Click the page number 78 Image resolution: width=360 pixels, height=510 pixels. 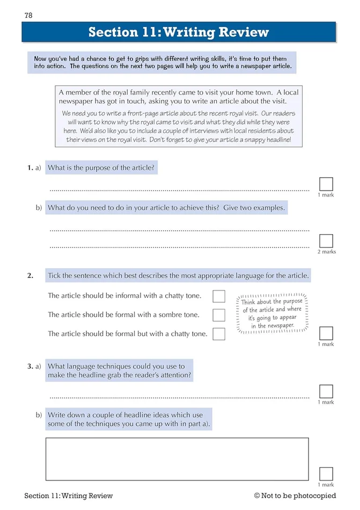(x=28, y=15)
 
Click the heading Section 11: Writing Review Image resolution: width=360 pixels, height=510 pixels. (x=179, y=32)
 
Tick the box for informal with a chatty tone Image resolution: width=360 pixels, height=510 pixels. (x=219, y=296)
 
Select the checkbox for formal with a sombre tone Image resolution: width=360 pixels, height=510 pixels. (x=219, y=315)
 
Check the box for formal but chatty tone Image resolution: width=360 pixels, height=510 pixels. (x=219, y=334)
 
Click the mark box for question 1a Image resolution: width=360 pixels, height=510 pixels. (x=326, y=184)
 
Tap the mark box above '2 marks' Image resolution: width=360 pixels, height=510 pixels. (x=326, y=241)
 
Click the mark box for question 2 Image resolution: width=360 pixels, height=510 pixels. (x=326, y=333)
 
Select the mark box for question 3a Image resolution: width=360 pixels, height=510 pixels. (x=326, y=391)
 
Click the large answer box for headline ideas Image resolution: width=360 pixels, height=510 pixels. (x=177, y=459)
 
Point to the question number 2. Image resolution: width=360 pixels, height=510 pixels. (x=31, y=276)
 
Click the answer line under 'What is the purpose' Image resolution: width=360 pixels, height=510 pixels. (x=179, y=190)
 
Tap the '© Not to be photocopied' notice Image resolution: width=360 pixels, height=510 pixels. (x=295, y=496)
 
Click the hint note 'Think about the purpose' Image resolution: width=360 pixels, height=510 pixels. (x=272, y=314)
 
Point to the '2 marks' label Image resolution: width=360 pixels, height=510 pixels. (x=327, y=252)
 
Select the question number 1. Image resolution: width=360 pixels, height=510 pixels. (x=30, y=168)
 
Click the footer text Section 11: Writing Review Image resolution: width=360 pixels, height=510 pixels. (x=69, y=496)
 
